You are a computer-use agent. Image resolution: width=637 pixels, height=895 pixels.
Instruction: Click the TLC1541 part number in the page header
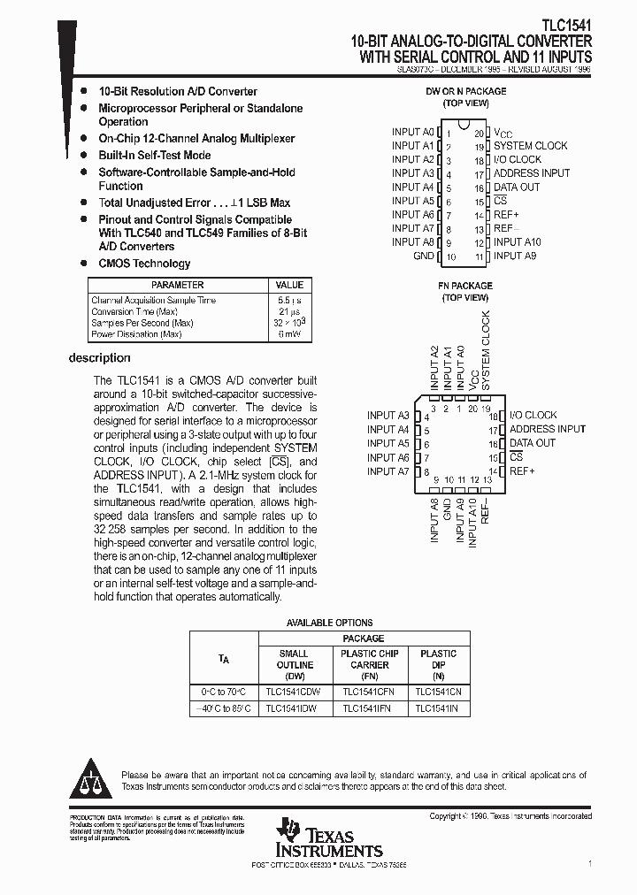tap(567, 27)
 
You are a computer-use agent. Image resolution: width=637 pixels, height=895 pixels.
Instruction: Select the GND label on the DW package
tap(424, 256)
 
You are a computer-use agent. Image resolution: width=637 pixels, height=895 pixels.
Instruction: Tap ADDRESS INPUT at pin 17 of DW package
tap(531, 173)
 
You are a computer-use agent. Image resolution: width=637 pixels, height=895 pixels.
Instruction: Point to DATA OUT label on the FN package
tap(532, 443)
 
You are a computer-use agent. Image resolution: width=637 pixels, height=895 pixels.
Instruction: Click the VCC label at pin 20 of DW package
tap(503, 132)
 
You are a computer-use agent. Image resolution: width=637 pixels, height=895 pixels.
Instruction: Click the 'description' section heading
tap(100, 358)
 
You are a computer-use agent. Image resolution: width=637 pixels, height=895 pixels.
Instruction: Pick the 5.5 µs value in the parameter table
tap(289, 301)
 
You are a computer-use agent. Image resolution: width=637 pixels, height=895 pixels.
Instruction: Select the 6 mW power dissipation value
tap(289, 335)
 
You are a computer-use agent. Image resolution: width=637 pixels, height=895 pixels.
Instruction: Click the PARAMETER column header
tap(177, 285)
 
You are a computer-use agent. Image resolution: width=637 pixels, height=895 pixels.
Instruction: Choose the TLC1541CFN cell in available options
tap(369, 692)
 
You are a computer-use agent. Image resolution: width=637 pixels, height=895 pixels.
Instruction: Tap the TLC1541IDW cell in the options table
tap(295, 708)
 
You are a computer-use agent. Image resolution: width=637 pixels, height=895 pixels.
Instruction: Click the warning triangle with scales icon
tap(92, 779)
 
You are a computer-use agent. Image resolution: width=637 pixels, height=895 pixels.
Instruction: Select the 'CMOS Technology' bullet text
tap(144, 264)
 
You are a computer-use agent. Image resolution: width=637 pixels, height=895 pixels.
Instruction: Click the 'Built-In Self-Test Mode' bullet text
tap(155, 156)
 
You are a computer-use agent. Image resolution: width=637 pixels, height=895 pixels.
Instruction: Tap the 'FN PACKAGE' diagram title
tap(466, 286)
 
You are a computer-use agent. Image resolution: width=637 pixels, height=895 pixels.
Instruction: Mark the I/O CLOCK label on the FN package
tap(533, 415)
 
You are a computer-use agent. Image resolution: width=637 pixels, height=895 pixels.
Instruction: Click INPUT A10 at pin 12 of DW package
tap(517, 242)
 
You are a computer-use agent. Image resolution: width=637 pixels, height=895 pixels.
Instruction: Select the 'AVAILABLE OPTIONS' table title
tap(329, 623)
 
